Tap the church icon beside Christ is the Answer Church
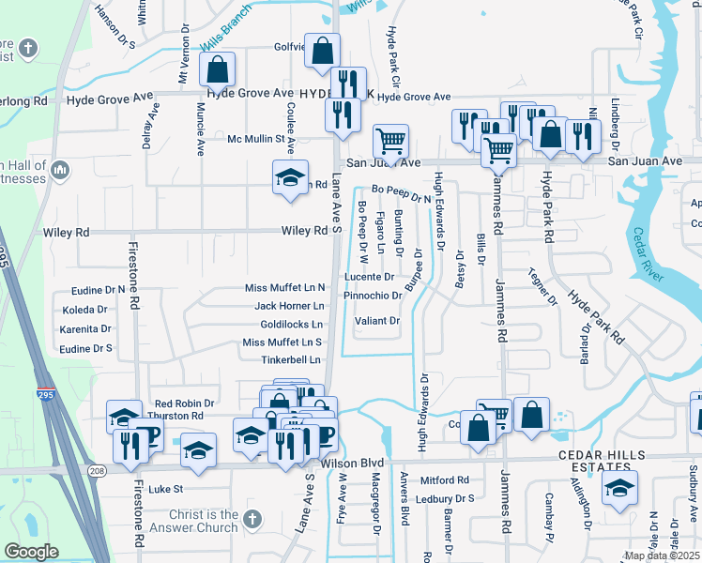[251, 518]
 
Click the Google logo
[31, 552]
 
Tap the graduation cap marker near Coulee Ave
[290, 176]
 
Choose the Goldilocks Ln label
[291, 325]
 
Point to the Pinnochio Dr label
[373, 296]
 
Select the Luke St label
[165, 489]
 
